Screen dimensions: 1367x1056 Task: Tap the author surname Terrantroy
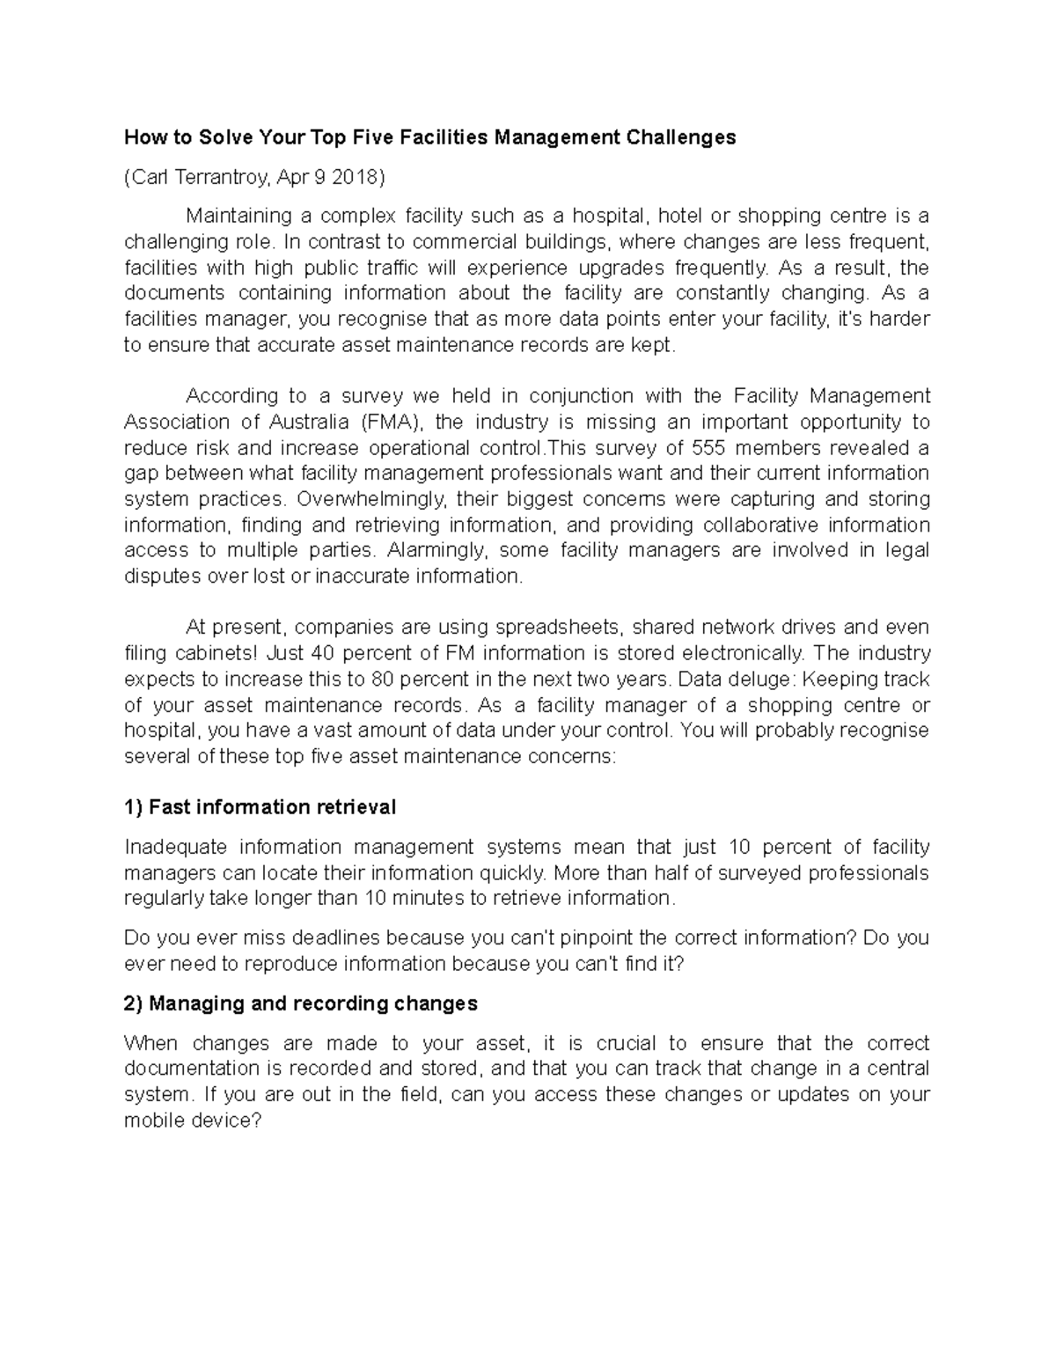coord(219,178)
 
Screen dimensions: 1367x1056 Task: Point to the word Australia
coord(290,423)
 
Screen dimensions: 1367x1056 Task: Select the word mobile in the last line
coord(154,1121)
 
